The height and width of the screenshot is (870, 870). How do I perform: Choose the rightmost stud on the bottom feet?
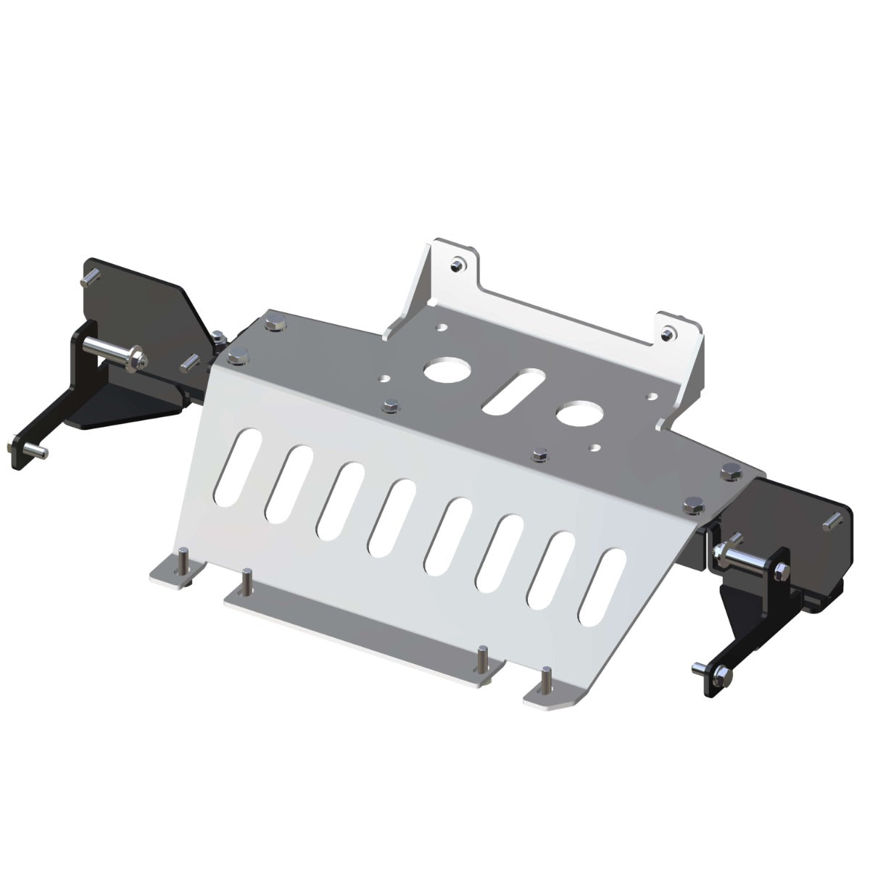click(548, 678)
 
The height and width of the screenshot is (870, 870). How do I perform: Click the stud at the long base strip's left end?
click(249, 579)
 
